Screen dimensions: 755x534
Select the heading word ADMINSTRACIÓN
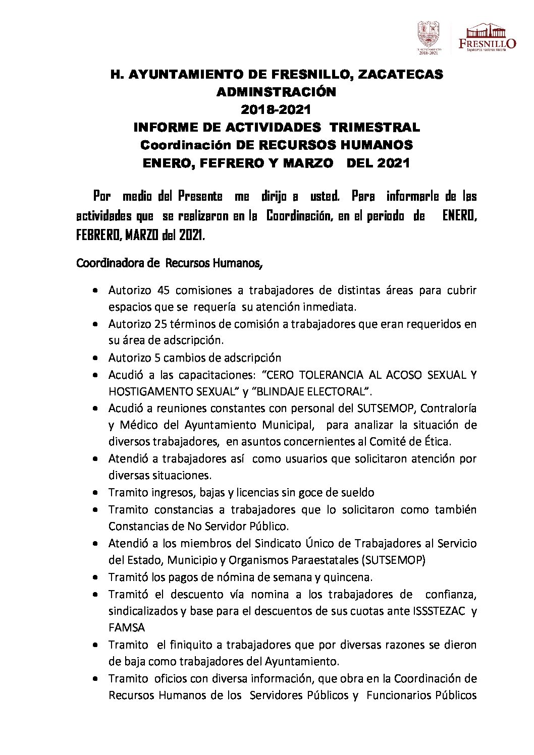[276, 92]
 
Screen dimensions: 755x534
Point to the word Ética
[438, 441]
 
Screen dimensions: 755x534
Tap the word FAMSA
[127, 628]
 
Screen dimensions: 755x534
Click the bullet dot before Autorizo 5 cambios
[96, 358]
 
